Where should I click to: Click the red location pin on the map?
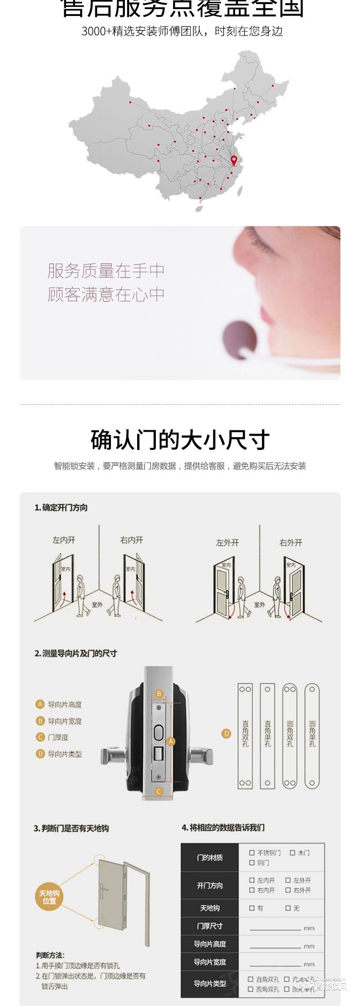click(234, 160)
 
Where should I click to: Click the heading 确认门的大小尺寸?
click(180, 440)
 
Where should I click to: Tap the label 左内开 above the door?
click(63, 540)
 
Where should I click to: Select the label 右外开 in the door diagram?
click(291, 543)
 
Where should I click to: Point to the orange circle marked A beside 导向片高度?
click(40, 704)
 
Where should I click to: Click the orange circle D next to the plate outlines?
click(226, 734)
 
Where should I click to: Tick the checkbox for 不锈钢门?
click(252, 853)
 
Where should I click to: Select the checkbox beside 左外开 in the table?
click(288, 880)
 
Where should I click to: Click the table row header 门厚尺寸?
click(210, 926)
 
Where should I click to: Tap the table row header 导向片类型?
click(210, 983)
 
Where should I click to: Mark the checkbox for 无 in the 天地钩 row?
click(288, 908)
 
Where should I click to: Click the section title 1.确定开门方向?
click(61, 508)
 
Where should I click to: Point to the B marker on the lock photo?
click(159, 694)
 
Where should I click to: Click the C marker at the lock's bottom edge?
click(159, 792)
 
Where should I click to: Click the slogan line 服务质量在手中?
click(106, 271)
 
